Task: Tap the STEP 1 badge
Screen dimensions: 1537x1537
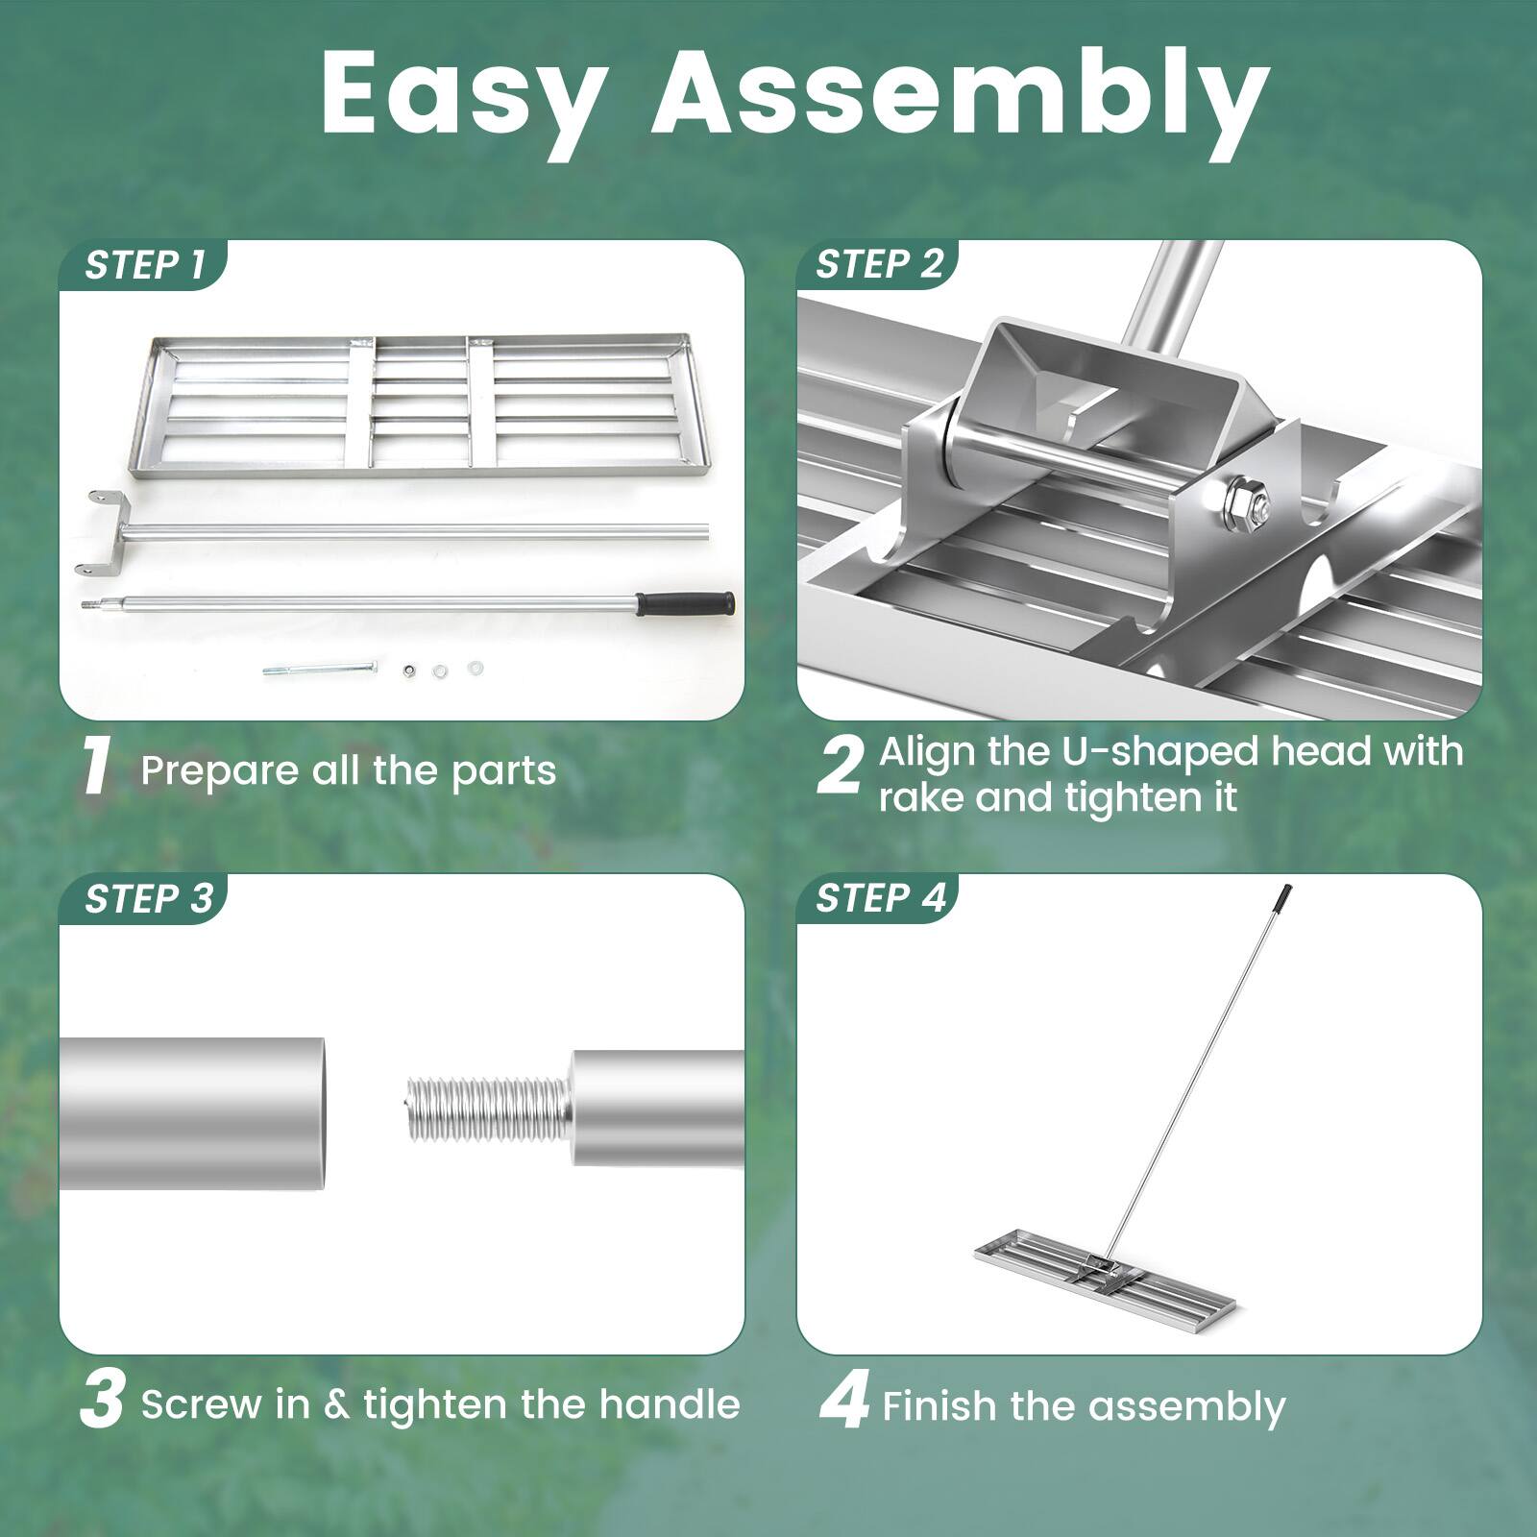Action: click(x=144, y=265)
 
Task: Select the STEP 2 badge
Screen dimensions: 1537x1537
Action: click(x=879, y=264)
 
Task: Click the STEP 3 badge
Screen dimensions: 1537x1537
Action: click(x=147, y=899)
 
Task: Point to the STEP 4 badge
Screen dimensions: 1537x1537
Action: click(x=880, y=898)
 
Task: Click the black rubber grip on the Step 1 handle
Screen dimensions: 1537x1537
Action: click(x=686, y=604)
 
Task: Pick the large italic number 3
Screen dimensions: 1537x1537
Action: click(x=102, y=1402)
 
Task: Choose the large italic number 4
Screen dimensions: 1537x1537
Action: click(x=844, y=1402)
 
